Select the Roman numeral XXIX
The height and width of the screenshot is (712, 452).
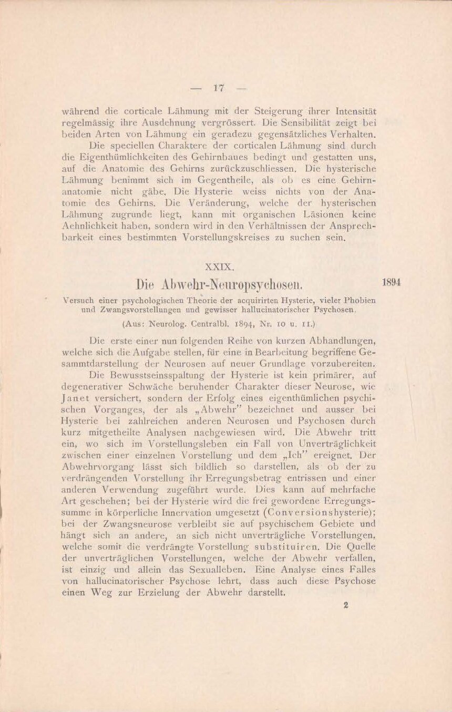pos(218,267)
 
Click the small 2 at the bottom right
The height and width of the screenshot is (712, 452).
pos(346,605)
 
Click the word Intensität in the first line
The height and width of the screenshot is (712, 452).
pos(354,112)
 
